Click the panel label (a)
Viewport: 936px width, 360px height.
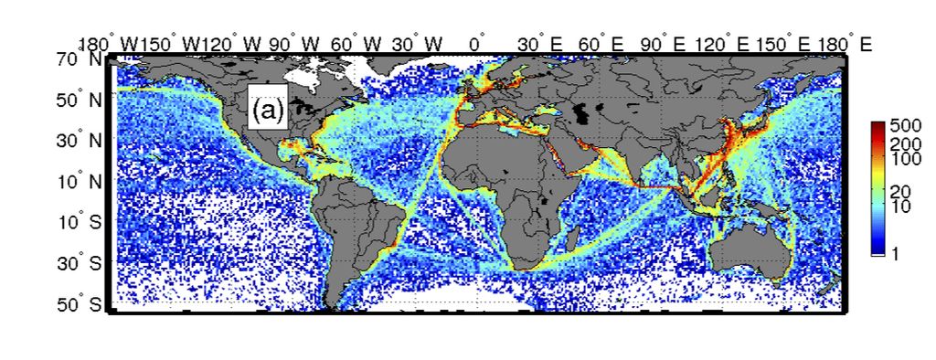coord(268,111)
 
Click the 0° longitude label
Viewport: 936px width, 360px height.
coord(475,43)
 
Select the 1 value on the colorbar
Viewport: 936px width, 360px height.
coord(896,255)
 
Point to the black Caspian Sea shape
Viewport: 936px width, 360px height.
coord(581,113)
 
